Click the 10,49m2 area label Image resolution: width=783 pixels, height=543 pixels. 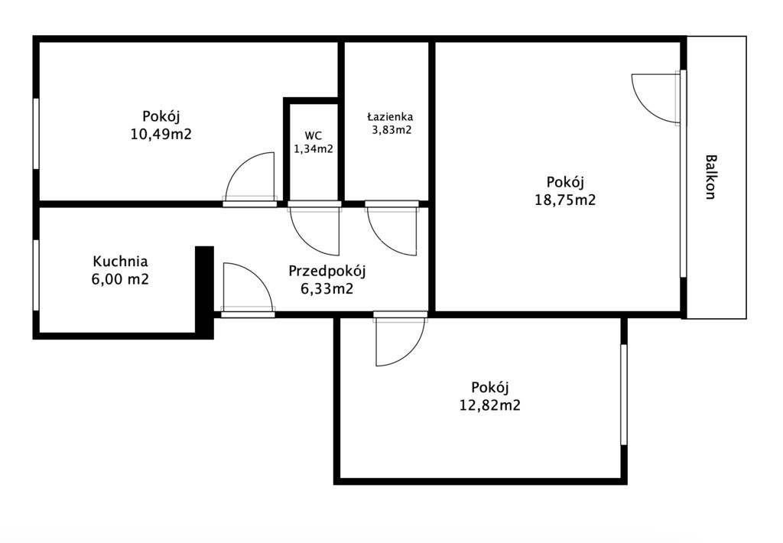point(161,134)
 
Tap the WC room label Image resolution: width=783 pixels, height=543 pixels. point(313,135)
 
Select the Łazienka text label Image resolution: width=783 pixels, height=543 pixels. point(390,117)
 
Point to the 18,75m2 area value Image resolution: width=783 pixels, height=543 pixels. point(565,200)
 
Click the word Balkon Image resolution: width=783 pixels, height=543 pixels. point(710,177)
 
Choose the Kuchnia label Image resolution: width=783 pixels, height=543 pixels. point(120,262)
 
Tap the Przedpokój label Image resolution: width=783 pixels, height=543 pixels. point(327,271)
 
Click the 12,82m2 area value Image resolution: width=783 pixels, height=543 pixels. point(490,405)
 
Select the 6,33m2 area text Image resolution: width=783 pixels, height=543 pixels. point(327,289)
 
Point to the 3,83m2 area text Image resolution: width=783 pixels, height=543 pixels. point(391,130)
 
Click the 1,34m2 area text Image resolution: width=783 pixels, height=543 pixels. point(313,148)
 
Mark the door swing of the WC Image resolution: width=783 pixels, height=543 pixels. point(315,230)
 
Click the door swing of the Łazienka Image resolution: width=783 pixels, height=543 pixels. point(392,231)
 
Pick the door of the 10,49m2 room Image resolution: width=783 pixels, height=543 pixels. point(249,178)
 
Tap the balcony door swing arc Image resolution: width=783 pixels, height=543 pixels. point(656,97)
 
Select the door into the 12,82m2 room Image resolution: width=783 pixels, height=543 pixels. point(400,340)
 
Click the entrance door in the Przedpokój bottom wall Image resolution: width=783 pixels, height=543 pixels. point(249,289)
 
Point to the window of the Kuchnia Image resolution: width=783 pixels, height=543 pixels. point(36,275)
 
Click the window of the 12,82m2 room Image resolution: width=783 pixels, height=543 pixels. point(624,394)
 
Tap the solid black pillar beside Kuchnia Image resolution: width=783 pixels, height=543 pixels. point(204,293)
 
